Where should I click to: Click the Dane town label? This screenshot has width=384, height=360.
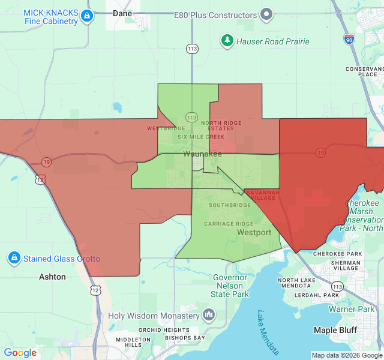[122, 12]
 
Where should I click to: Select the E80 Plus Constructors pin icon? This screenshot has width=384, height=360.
[266, 15]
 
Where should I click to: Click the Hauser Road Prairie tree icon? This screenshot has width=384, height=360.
[227, 41]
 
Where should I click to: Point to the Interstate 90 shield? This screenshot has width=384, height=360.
[349, 38]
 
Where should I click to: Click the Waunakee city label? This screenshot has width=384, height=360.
[202, 154]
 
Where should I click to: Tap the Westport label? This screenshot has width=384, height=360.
[254, 232]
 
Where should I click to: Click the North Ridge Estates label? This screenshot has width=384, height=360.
[225, 125]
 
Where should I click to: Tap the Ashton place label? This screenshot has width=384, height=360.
[52, 277]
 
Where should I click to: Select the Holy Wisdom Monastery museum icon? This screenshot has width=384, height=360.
[208, 314]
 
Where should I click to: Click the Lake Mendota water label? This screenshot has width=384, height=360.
[267, 332]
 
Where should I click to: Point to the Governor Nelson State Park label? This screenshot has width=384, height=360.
[231, 286]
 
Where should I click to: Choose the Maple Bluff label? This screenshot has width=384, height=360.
[335, 330]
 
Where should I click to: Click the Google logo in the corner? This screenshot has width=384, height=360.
[20, 353]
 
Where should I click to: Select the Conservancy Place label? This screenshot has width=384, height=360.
[363, 71]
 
